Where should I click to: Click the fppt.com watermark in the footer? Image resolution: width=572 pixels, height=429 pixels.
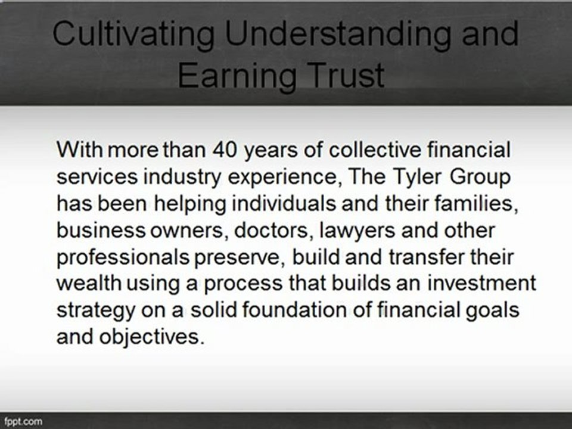24,421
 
